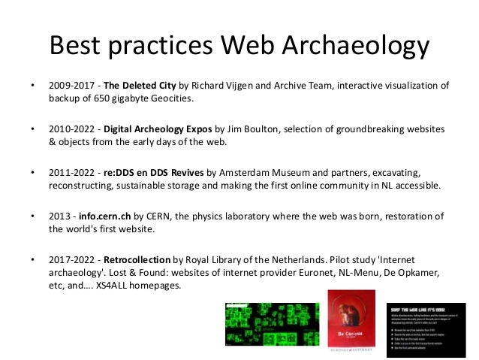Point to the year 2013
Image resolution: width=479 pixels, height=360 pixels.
click(x=59, y=216)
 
